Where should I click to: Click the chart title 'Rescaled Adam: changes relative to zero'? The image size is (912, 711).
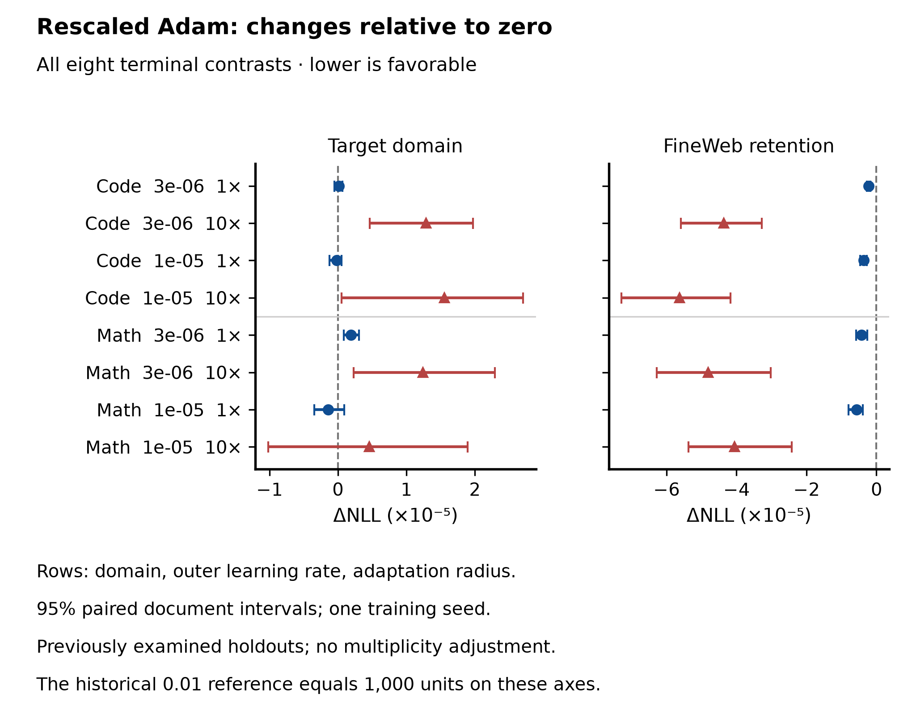(x=294, y=27)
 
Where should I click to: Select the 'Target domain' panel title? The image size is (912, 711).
(x=395, y=146)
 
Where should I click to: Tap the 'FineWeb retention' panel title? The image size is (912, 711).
(x=748, y=146)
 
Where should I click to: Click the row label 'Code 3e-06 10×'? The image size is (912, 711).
(x=163, y=224)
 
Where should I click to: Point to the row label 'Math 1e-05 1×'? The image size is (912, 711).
(x=169, y=410)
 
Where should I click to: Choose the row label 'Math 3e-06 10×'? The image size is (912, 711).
(x=163, y=372)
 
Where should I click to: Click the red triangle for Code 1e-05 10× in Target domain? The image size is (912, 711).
(x=444, y=298)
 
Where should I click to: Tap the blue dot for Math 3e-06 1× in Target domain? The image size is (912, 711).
(x=351, y=335)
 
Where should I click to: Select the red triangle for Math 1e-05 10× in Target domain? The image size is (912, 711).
(x=369, y=447)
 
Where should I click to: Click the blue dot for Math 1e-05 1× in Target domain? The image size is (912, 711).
(x=328, y=410)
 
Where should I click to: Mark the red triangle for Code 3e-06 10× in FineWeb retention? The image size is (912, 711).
(x=723, y=223)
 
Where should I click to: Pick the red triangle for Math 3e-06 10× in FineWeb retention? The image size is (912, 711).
(x=708, y=372)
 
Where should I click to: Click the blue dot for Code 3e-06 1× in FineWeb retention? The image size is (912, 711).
(x=869, y=186)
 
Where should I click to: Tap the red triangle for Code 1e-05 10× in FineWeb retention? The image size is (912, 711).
(x=679, y=298)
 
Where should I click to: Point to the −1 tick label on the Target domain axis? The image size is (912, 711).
(x=270, y=490)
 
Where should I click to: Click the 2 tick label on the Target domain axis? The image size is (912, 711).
(x=475, y=490)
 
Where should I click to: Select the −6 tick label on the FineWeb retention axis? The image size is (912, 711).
(x=667, y=490)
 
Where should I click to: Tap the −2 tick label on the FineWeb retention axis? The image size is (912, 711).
(x=806, y=490)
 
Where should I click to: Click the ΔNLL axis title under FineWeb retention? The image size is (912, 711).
(x=749, y=516)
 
